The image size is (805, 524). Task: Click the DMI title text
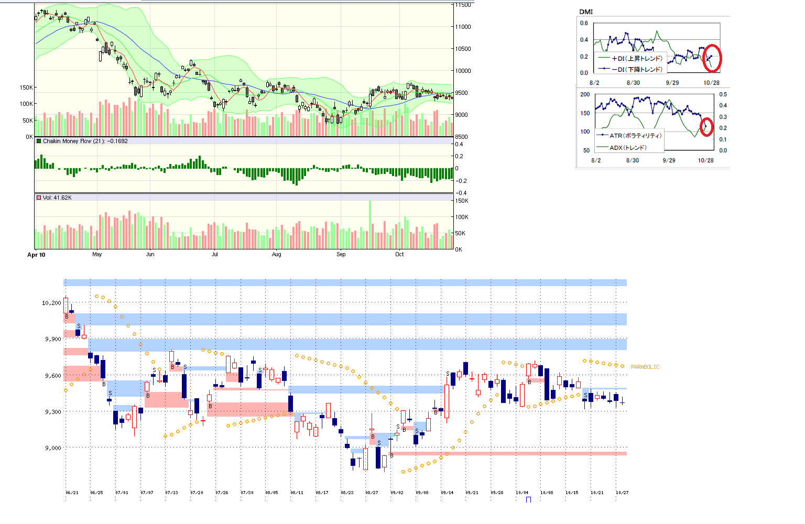(586, 12)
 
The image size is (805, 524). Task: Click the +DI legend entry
(636, 59)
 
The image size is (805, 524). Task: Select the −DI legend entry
(636, 69)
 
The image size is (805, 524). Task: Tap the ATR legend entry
(635, 136)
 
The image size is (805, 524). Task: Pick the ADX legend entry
(627, 148)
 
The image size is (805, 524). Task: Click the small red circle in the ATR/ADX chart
(706, 126)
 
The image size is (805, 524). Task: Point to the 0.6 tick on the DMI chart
(584, 23)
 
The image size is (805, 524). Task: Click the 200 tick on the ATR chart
(585, 94)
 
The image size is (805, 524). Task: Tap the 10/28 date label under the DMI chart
(711, 83)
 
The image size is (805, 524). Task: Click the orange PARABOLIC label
(645, 367)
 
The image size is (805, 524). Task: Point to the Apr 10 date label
(36, 255)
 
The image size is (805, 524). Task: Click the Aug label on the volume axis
(276, 255)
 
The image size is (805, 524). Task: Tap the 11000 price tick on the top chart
(463, 27)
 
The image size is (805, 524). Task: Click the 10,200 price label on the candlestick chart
(51, 303)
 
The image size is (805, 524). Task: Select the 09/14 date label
(447, 493)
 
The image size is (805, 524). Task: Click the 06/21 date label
(72, 493)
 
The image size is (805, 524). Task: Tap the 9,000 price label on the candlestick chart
(52, 448)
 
